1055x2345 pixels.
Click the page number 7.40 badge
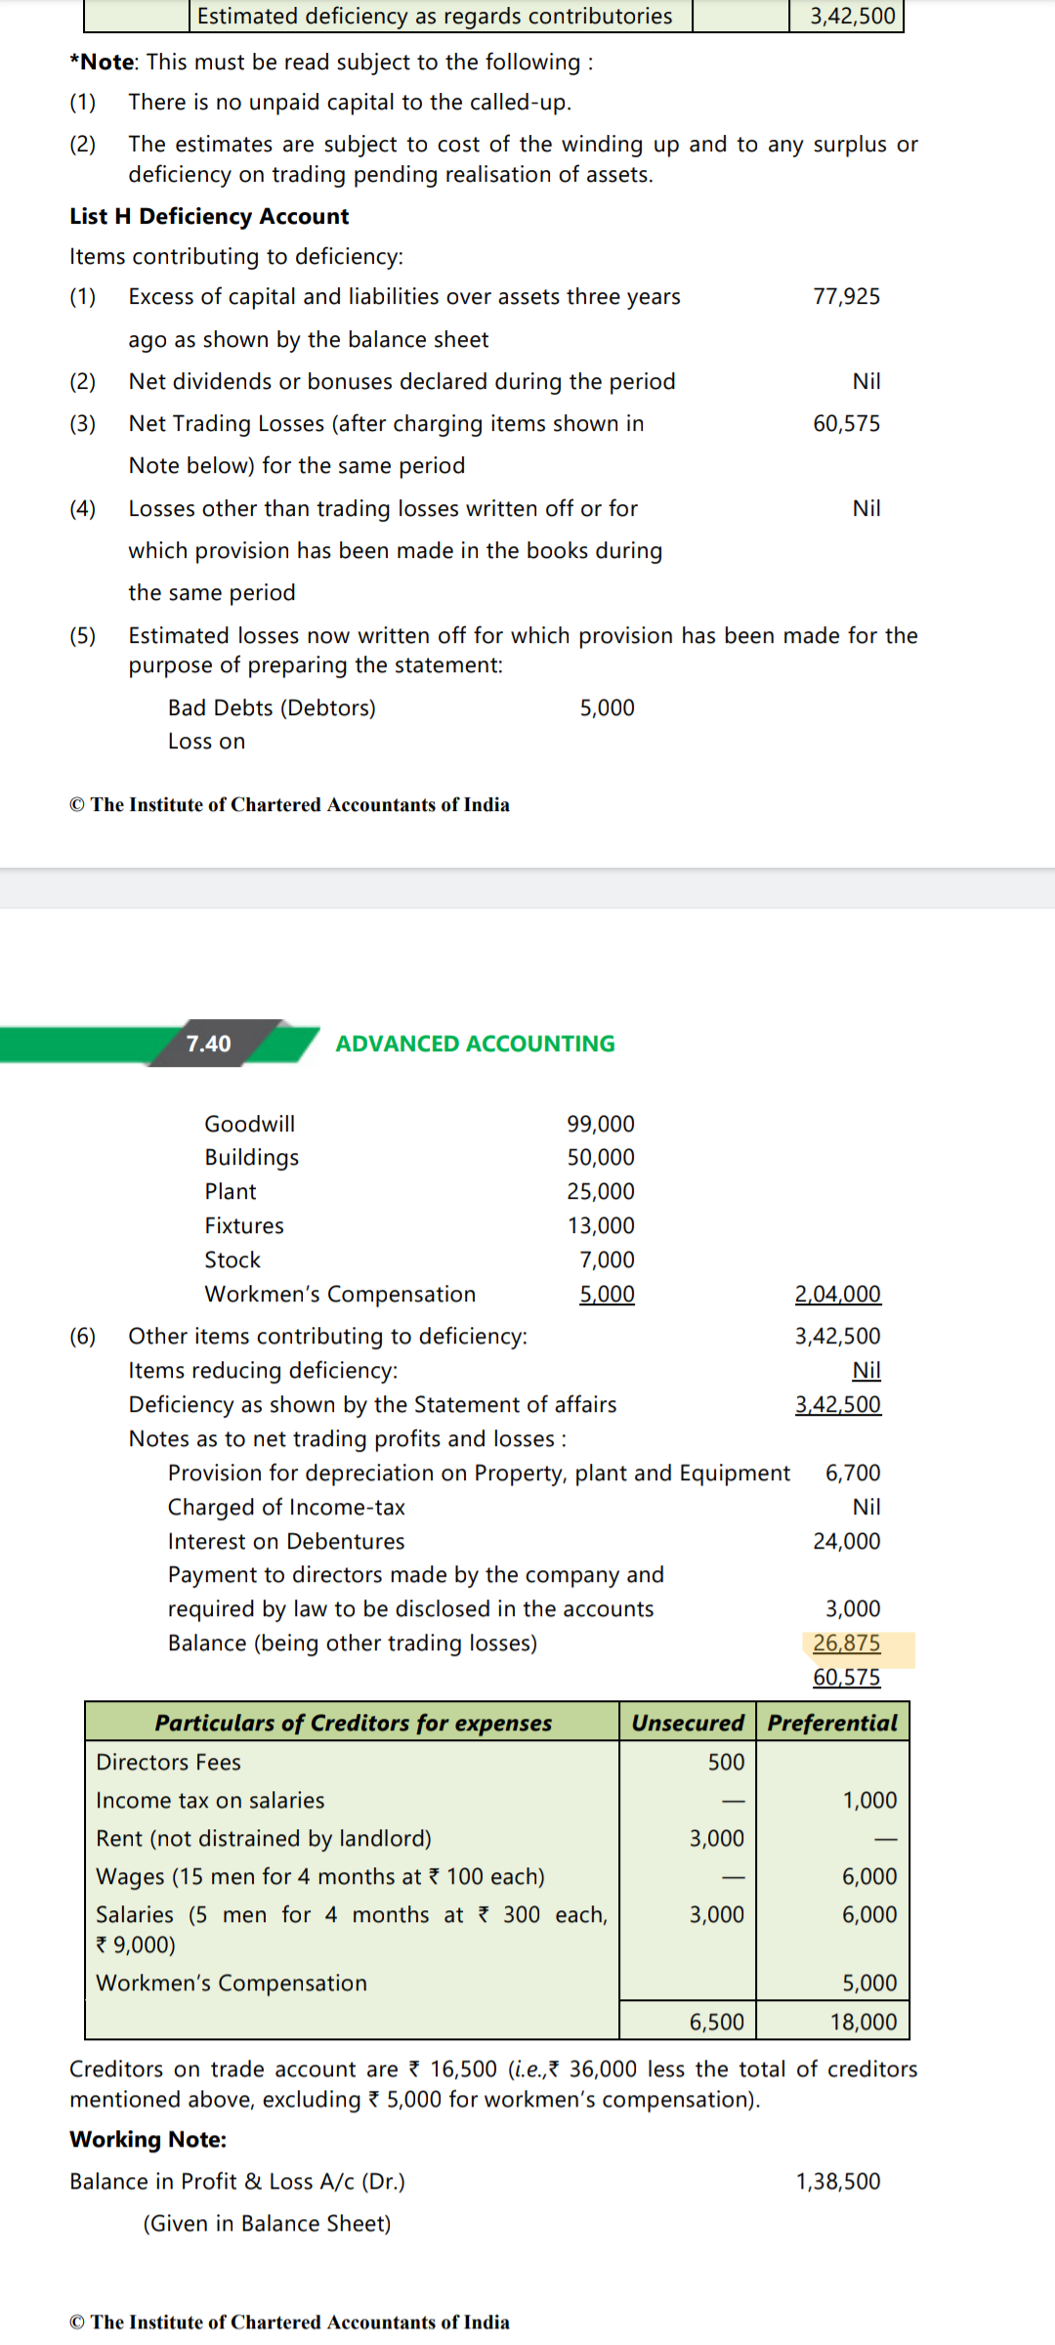209,1044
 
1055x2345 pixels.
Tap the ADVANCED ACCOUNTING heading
475,1044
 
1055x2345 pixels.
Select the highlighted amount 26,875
847,1643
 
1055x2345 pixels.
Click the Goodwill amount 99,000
601,1124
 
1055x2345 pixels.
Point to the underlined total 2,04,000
837,1294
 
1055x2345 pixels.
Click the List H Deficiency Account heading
209,216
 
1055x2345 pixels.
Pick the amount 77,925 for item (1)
846,296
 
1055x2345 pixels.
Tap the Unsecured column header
688,1723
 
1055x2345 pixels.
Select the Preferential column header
832,1723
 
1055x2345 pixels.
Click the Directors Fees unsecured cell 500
726,1762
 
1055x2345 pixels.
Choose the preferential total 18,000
864,2022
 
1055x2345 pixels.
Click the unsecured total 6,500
716,2022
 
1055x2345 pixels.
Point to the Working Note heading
148,2140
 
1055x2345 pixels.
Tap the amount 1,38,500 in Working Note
838,2182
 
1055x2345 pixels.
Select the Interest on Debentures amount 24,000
846,1541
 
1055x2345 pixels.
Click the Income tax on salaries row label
210,1800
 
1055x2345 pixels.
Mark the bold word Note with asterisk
105,63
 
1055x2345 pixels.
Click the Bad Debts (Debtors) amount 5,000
607,707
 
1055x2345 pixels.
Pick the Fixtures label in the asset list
244,1225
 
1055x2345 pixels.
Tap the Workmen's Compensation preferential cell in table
869,1983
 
